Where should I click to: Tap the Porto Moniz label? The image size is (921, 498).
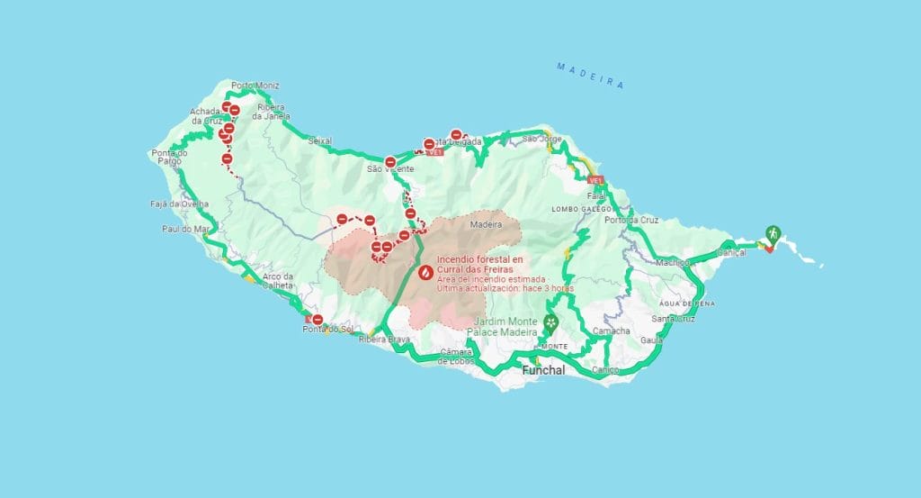[255, 86]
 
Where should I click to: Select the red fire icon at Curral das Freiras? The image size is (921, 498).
[425, 271]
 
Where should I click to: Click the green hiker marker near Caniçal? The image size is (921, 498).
[772, 233]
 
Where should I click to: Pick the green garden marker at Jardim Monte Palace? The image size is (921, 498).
[550, 321]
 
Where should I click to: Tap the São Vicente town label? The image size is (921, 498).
[390, 168]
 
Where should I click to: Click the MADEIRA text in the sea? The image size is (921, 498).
[590, 75]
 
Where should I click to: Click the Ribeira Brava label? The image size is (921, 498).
[384, 340]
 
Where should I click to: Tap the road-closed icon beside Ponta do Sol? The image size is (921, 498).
[317, 319]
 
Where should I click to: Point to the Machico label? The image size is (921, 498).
[672, 262]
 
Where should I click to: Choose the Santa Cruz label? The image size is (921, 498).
[672, 318]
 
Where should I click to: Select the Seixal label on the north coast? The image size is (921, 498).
[319, 141]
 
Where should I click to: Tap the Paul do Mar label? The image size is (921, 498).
[186, 229]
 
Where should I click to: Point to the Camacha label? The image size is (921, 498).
[611, 330]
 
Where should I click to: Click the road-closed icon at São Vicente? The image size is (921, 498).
[390, 163]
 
